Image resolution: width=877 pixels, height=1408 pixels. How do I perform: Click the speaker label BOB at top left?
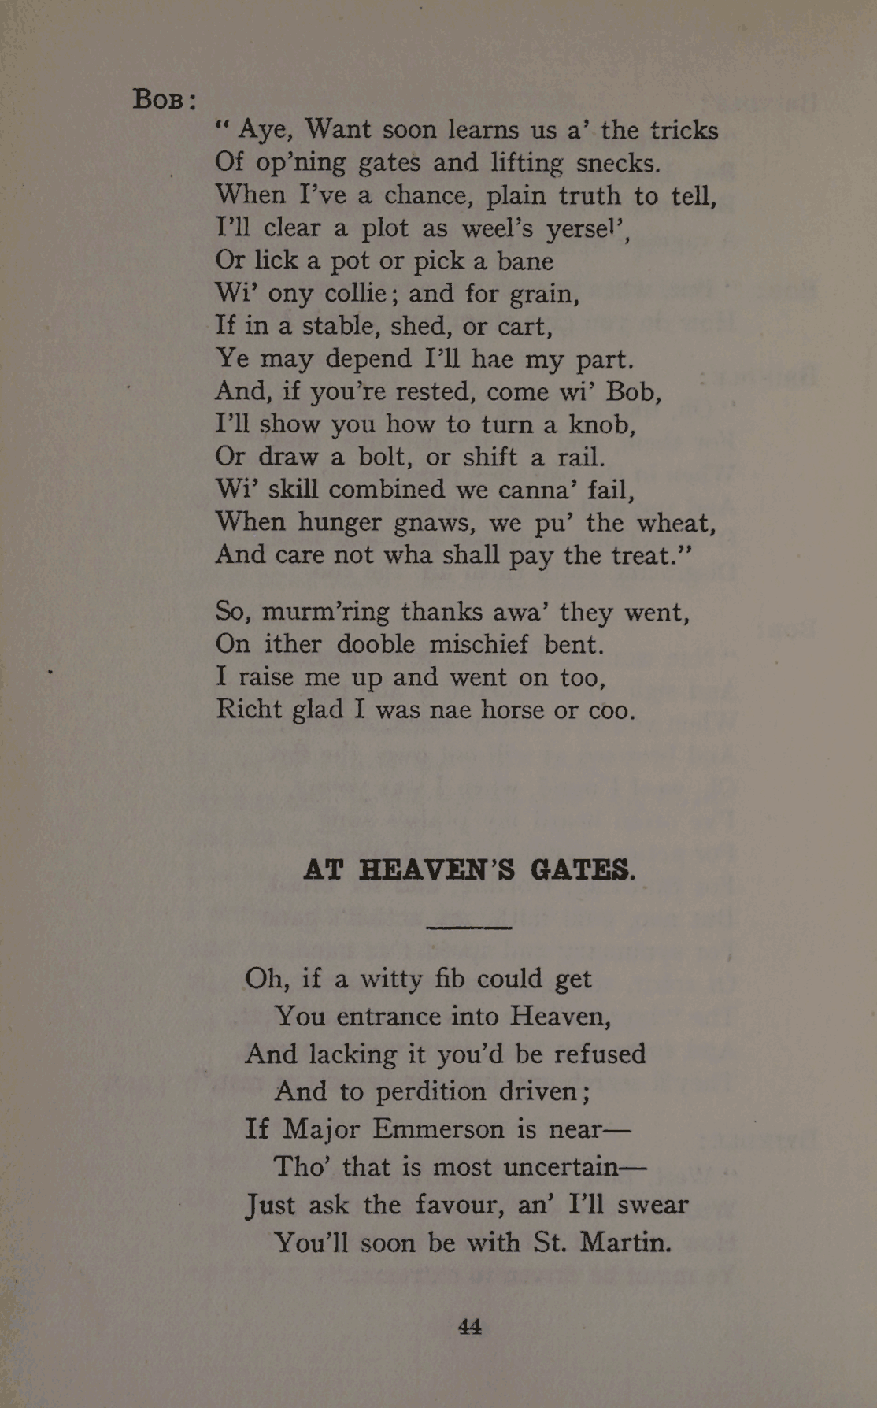[x=160, y=99]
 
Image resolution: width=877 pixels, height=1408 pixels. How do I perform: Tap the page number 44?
[x=469, y=1327]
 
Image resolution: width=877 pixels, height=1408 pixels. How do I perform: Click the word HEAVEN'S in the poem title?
[x=437, y=870]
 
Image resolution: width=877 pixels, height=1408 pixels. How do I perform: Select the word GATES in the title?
[x=581, y=870]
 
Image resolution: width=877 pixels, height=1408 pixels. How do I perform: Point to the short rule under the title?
[x=468, y=928]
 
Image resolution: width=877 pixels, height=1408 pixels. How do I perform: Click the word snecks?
[x=618, y=163]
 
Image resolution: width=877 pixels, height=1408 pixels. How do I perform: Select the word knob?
[x=601, y=424]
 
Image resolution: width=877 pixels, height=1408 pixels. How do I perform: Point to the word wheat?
[x=675, y=523]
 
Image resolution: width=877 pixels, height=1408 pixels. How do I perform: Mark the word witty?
[x=391, y=979]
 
